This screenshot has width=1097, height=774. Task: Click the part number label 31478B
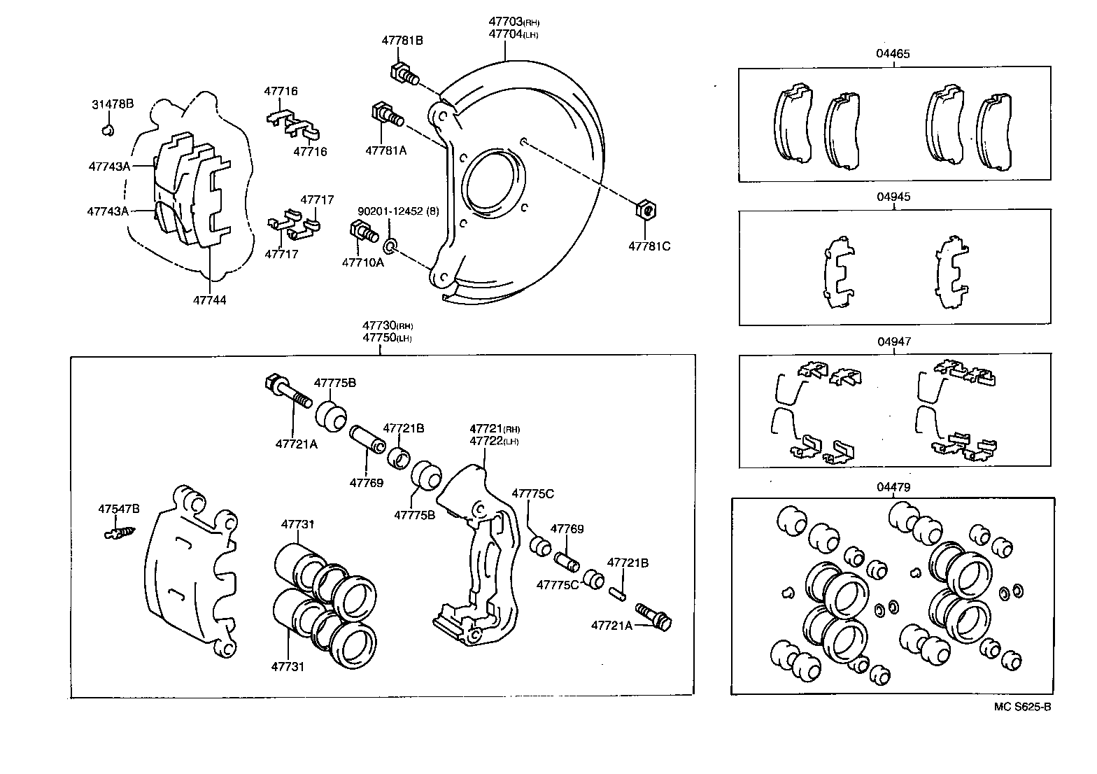(112, 105)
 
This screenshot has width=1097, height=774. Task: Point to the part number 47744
(210, 300)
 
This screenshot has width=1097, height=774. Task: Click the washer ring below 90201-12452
(390, 246)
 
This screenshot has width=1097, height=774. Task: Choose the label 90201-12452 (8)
(397, 211)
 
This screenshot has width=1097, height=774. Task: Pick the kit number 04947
(893, 342)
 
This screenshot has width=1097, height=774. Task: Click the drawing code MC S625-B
(1022, 706)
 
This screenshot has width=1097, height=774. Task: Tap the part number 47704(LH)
(514, 34)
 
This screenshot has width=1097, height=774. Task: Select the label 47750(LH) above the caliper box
(387, 337)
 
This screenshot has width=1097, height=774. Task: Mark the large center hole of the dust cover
(493, 183)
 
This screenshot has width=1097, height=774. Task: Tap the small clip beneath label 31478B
(108, 130)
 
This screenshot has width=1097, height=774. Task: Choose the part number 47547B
(118, 509)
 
